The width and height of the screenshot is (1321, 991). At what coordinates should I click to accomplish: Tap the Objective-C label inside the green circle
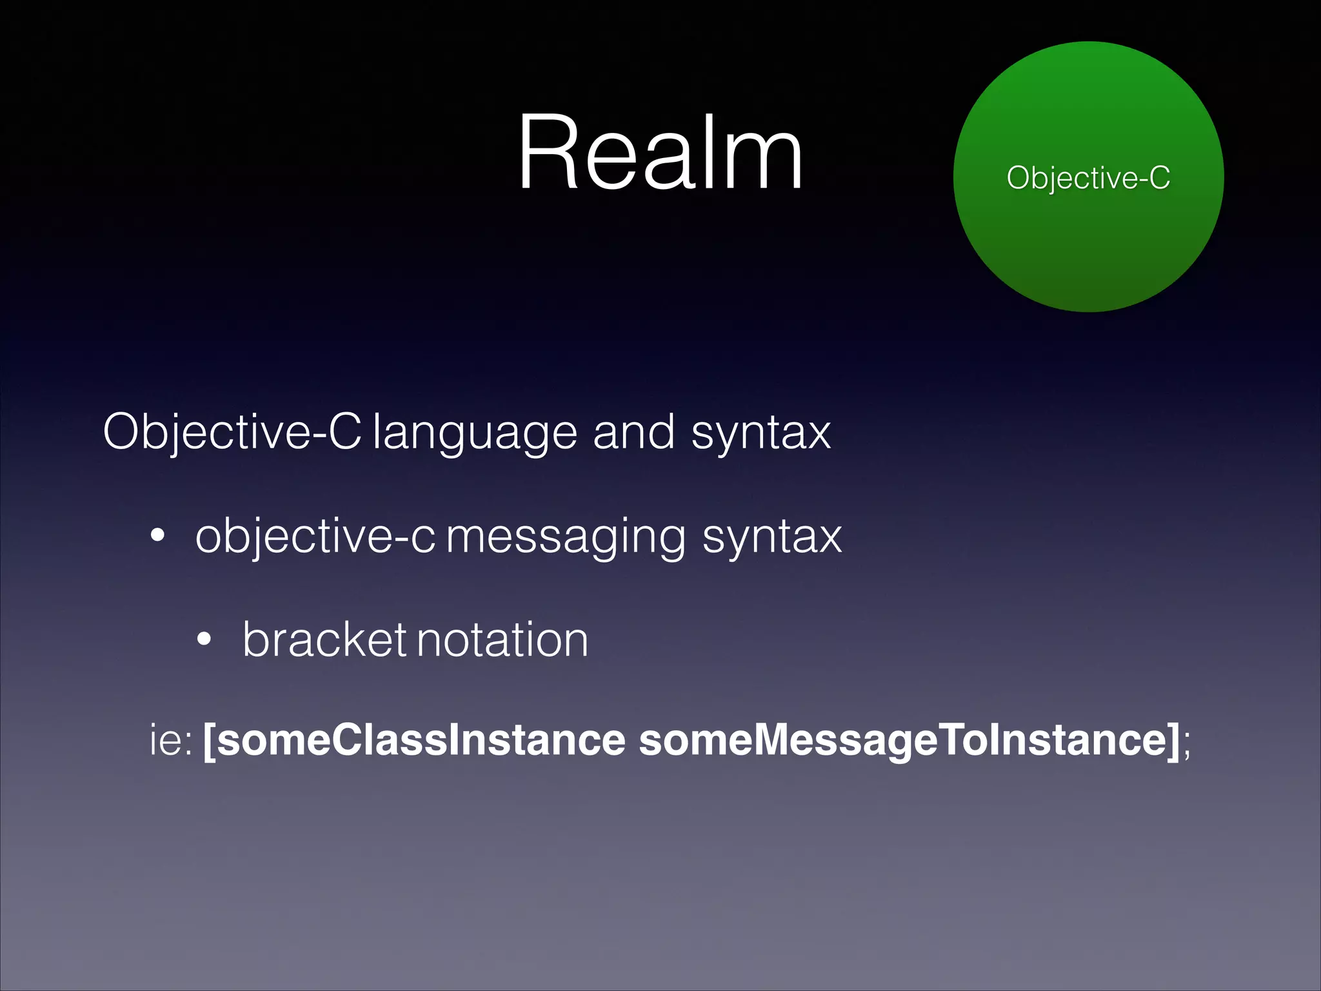tap(1088, 177)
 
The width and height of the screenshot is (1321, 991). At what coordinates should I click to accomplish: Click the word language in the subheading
tap(475, 434)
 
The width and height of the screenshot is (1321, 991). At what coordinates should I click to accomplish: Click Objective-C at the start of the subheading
tap(232, 432)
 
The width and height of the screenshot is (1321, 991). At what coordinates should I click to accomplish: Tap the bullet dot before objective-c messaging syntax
tap(157, 535)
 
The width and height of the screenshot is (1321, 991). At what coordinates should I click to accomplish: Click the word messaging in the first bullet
tap(566, 537)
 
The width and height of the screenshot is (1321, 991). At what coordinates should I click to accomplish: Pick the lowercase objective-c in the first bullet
tap(315, 537)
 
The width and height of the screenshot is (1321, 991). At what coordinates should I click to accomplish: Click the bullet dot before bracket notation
tap(204, 639)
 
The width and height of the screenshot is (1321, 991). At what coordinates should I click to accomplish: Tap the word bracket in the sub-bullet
tap(324, 639)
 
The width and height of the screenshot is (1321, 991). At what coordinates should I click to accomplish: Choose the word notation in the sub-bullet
tap(503, 640)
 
